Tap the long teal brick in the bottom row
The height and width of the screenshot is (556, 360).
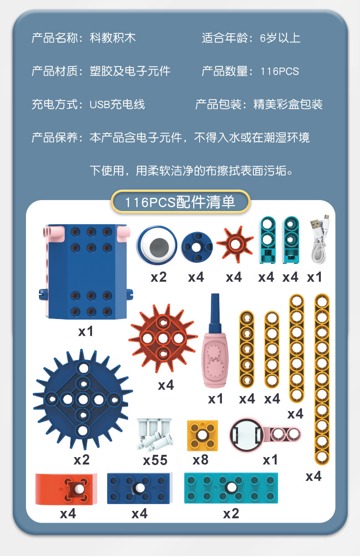coord(231,488)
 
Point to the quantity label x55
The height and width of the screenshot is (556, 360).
coord(155,460)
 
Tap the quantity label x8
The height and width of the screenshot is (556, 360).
coord(200,460)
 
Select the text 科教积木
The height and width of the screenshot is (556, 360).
coord(113,38)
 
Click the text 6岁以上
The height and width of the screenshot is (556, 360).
coord(280,38)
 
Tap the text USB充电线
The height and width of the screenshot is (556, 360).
coord(117,104)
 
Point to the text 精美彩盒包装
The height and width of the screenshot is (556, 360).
coord(288,104)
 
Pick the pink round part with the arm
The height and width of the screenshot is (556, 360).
coord(248,435)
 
